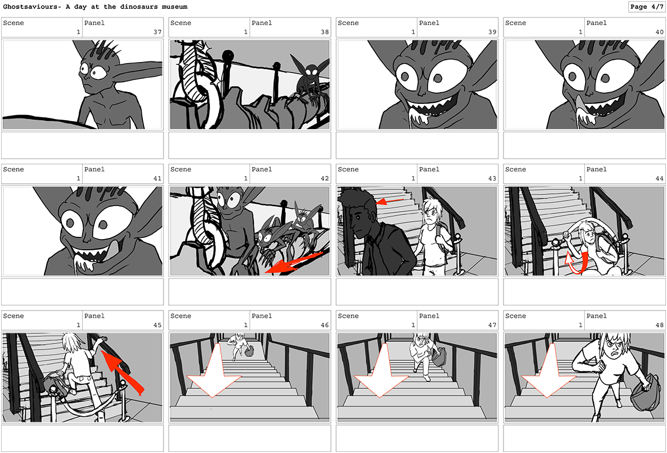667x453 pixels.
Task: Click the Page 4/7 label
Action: pos(646,6)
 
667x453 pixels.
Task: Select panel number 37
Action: pos(157,32)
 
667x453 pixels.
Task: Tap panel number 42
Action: pos(324,178)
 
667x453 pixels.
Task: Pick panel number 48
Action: pos(659,325)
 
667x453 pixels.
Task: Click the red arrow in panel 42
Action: pos(294,263)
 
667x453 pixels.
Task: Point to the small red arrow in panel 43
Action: pos(389,201)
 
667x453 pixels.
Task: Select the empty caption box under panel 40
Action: pos(584,145)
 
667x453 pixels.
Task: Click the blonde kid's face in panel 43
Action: pos(431,216)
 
